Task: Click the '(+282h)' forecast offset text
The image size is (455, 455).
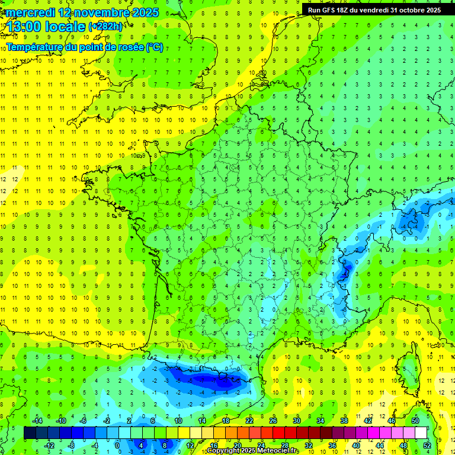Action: pos(105,26)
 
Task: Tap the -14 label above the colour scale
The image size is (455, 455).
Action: pos(37,421)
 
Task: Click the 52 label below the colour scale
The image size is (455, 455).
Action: pos(427,446)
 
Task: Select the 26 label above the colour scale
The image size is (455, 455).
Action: pos(273,421)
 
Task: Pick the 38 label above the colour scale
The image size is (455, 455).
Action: pos(344,421)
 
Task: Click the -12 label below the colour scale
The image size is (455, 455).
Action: pos(49,446)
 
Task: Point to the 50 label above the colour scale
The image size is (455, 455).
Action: pos(415,421)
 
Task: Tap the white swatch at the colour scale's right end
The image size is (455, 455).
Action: pos(421,433)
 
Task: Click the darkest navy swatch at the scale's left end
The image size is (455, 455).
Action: pos(30,433)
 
